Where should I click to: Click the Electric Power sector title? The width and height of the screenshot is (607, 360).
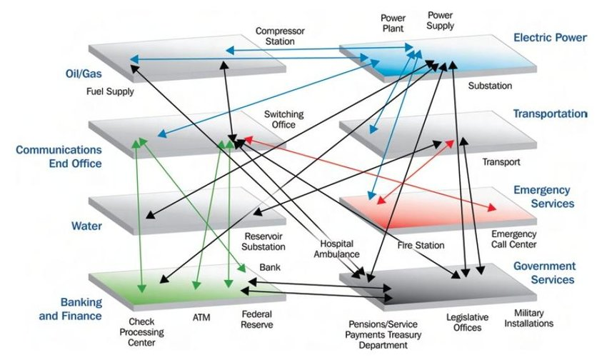click(550, 37)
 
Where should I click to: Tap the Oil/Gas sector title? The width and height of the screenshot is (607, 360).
click(77, 73)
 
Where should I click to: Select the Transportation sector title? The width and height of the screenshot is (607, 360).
click(550, 114)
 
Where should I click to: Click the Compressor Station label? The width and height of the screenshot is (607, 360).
click(280, 37)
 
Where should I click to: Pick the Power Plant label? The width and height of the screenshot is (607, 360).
click(393, 24)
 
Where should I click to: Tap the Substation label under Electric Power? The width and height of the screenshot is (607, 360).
click(490, 86)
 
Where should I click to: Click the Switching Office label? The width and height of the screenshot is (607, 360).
click(284, 120)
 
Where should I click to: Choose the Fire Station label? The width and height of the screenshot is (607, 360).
click(421, 246)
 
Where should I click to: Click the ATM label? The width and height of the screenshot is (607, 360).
click(201, 316)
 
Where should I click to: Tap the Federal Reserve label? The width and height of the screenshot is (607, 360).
click(256, 320)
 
